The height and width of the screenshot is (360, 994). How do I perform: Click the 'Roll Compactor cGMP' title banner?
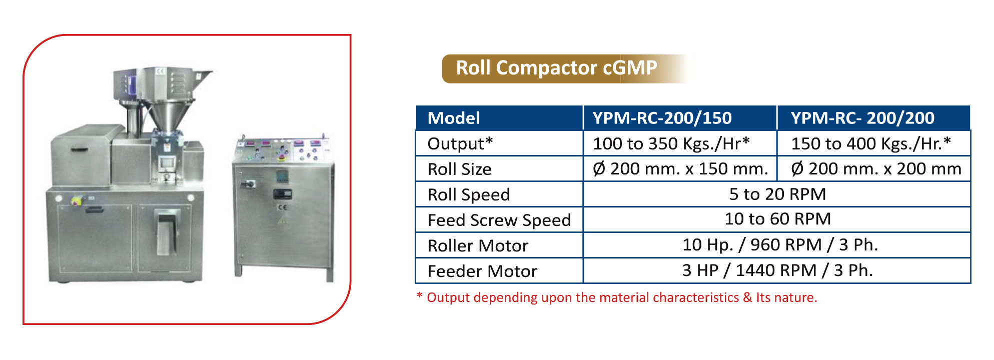[556, 68]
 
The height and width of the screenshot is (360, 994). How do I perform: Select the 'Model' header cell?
[499, 118]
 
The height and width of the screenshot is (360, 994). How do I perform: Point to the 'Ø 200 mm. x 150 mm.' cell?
[680, 169]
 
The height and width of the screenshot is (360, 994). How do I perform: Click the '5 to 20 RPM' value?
[777, 194]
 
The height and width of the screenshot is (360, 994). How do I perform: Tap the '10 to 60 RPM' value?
[777, 219]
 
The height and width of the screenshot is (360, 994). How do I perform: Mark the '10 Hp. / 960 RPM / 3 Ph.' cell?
[780, 245]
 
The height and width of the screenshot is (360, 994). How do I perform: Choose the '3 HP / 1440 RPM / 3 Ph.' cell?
[777, 270]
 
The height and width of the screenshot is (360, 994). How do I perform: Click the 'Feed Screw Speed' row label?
[499, 220]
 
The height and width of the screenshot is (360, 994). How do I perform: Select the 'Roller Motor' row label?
[478, 245]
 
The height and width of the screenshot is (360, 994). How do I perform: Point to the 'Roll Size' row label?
[459, 169]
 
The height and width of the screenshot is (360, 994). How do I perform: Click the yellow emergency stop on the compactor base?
[77, 201]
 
